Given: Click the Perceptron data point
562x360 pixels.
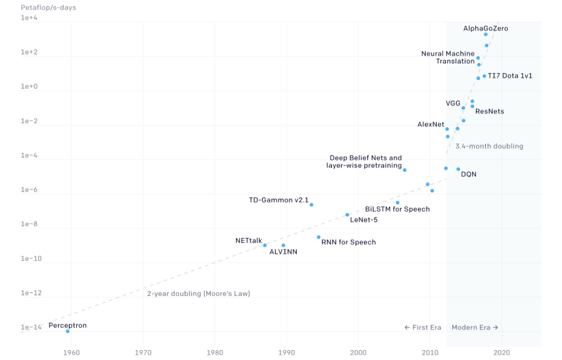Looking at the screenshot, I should click(68, 331).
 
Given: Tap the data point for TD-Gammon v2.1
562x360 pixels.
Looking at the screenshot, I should click(311, 205).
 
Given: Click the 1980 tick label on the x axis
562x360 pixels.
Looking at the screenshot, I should click(215, 352).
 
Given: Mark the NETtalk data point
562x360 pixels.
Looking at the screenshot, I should click(265, 245).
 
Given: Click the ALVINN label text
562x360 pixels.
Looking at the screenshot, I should click(283, 252).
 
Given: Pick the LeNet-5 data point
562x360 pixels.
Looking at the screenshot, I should click(347, 215).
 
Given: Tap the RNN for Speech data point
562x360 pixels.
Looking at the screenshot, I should click(318, 237).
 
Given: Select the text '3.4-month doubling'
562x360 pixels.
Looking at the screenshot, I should click(489, 146).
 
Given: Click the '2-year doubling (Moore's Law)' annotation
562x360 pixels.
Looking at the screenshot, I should click(198, 294).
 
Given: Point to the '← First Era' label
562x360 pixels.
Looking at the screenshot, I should click(423, 328).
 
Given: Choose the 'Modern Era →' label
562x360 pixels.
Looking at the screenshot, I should click(475, 328).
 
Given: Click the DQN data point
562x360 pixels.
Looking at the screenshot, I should click(458, 169).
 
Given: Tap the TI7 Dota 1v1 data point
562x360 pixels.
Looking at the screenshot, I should click(484, 76).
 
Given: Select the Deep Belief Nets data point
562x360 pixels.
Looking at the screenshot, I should click(404, 170).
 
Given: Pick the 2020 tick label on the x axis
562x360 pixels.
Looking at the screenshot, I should click(502, 352).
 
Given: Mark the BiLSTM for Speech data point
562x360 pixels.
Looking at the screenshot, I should click(397, 203).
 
